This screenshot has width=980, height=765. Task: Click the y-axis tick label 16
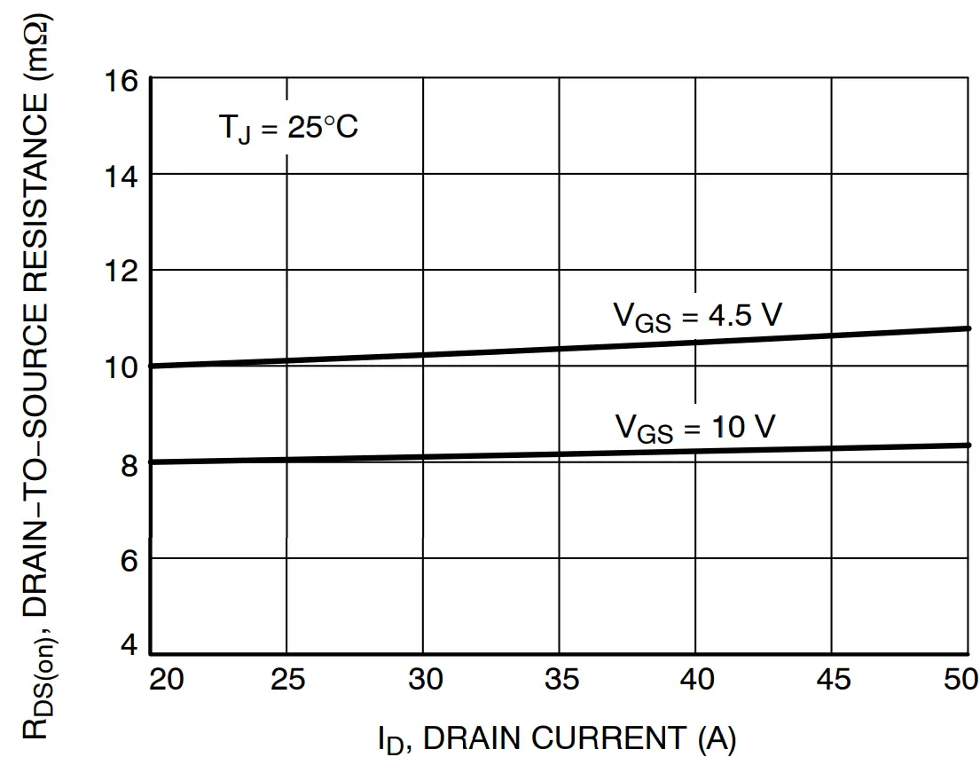click(x=122, y=82)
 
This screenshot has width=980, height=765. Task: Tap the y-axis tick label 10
click(x=122, y=367)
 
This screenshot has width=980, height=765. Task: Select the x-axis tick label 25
click(x=287, y=681)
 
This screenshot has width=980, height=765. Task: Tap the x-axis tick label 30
click(x=424, y=681)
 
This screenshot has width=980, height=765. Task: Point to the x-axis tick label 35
click(x=560, y=681)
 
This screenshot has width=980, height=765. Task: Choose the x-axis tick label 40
click(x=696, y=681)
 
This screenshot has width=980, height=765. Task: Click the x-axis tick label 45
click(x=832, y=681)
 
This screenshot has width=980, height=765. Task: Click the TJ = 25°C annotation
click(x=287, y=129)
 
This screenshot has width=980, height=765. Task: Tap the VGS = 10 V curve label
click(x=695, y=429)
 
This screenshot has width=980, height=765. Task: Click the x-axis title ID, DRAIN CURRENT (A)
click(x=556, y=738)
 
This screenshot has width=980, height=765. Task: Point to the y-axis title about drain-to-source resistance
click(x=40, y=382)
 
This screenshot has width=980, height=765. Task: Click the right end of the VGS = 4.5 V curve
click(x=967, y=328)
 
